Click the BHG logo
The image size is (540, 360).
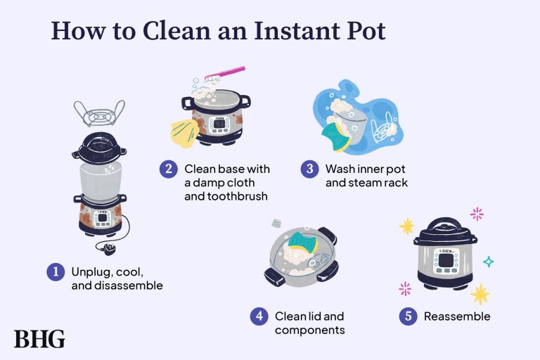tap(39, 339)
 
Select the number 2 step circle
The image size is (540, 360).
tap(167, 169)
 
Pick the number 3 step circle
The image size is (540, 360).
tap(309, 169)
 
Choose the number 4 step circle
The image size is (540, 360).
tap(259, 316)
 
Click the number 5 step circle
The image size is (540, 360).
tap(408, 316)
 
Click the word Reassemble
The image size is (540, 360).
tap(456, 316)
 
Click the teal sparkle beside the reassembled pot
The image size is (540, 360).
tap(488, 262)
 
